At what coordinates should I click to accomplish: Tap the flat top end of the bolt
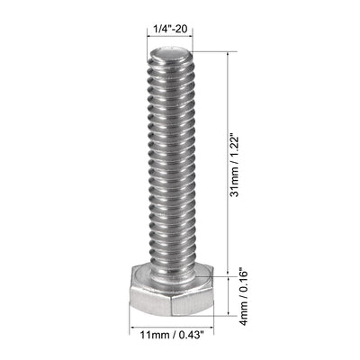(167, 55)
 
